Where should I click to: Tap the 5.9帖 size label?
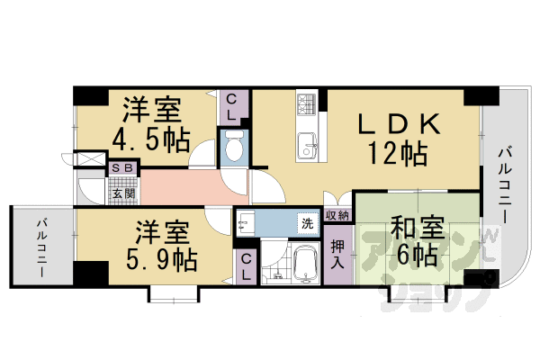pos(162,261)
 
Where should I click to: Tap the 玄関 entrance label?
pos(122,192)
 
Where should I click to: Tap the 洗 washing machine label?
pos(307,221)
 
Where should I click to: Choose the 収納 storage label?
pos(337,215)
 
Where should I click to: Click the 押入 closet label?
pos(337,255)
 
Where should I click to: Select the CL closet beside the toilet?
pos(231,107)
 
